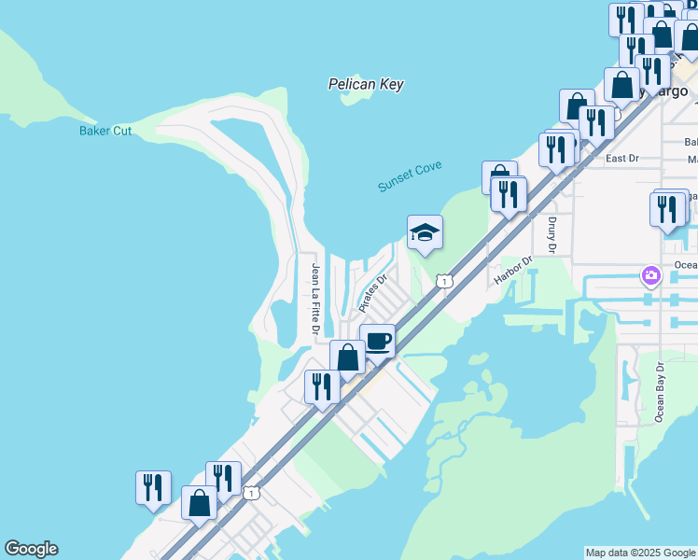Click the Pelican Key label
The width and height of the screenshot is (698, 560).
(366, 84)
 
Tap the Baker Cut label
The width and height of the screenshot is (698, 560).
(105, 131)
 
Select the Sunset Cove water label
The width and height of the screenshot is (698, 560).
(410, 176)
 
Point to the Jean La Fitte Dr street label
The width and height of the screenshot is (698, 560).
(316, 299)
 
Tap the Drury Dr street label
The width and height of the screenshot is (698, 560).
(552, 235)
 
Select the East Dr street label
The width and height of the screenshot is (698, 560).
(621, 158)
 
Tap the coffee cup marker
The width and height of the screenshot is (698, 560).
(377, 341)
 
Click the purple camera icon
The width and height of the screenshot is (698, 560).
(651, 274)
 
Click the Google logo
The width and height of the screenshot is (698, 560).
(31, 549)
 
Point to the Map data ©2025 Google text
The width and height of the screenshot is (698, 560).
(640, 553)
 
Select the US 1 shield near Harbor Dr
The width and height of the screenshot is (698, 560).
(444, 281)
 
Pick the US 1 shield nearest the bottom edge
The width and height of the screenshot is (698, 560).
(250, 492)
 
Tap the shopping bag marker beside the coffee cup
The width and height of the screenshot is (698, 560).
(347, 357)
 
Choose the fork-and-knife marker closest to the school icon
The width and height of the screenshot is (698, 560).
(509, 193)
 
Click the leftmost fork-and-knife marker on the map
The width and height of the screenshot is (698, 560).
(153, 487)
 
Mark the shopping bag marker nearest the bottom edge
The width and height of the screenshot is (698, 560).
(200, 503)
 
